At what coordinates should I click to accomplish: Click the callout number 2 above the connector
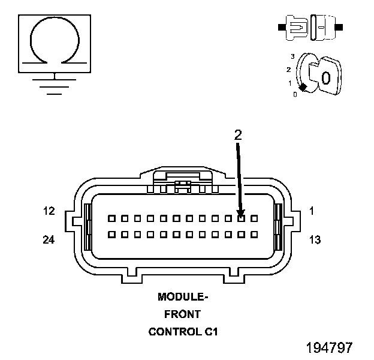(238, 135)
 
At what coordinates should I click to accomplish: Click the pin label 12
(49, 211)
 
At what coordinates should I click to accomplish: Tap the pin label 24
(49, 240)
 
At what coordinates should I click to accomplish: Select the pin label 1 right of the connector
(312, 211)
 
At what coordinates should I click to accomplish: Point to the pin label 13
(315, 240)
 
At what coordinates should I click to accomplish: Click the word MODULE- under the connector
(183, 296)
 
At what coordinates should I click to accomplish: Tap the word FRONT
(183, 314)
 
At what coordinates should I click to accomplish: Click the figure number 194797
(329, 347)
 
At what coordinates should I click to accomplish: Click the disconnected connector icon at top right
(309, 27)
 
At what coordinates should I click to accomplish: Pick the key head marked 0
(324, 77)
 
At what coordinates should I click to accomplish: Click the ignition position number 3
(292, 56)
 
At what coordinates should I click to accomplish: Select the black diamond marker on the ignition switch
(303, 88)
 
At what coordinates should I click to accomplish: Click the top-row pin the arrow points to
(241, 219)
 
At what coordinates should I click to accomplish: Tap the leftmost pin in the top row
(111, 219)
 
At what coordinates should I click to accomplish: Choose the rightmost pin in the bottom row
(254, 234)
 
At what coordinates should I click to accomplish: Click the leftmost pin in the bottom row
(111, 234)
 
